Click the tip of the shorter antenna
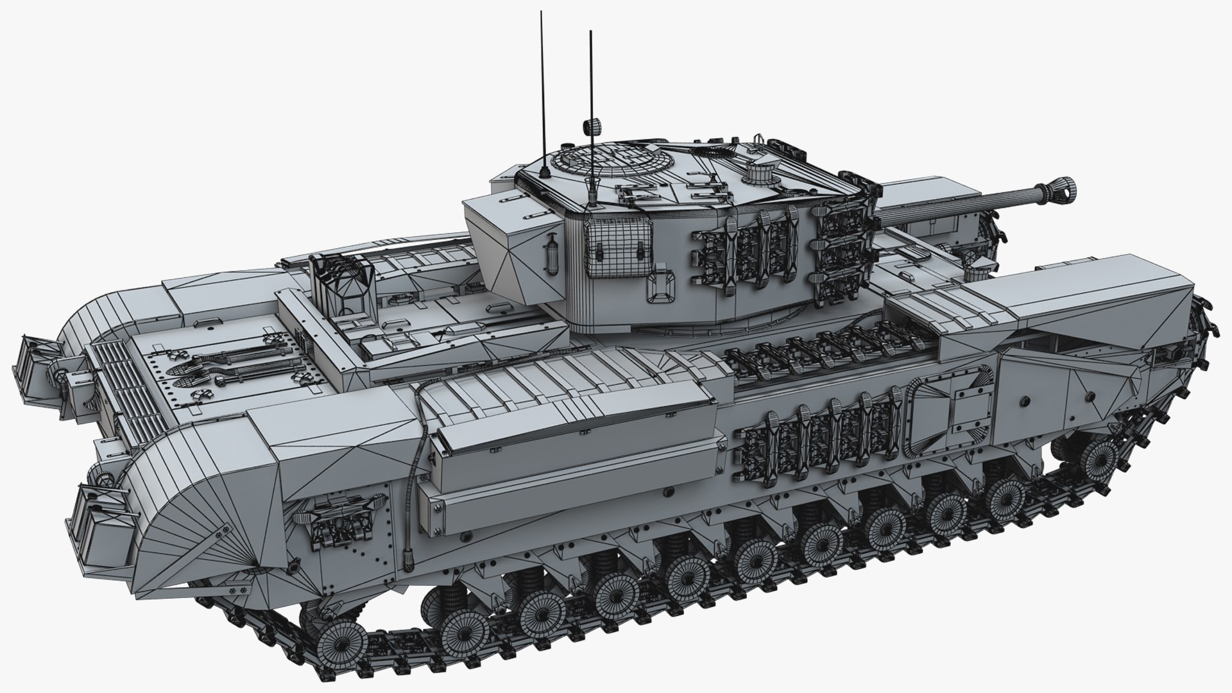click(x=590, y=32)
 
